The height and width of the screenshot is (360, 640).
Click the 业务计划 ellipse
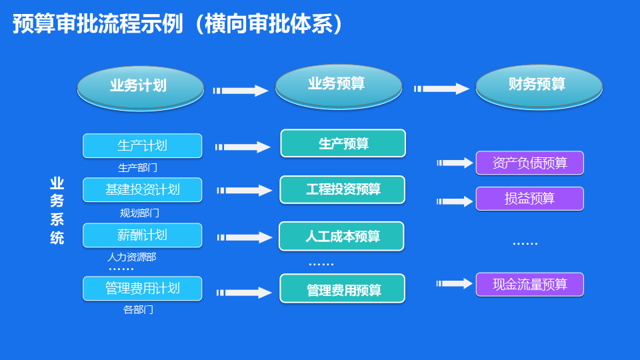[140, 87]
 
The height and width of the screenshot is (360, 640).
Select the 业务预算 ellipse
[339, 85]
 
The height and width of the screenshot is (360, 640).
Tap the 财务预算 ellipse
[539, 85]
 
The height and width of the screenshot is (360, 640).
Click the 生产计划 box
[142, 145]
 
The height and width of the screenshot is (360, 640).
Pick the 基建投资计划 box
[142, 189]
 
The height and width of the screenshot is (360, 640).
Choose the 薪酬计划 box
[142, 235]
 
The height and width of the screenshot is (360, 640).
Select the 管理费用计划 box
[142, 288]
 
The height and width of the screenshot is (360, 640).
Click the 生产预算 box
[343, 143]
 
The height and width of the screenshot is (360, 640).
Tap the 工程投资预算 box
[343, 189]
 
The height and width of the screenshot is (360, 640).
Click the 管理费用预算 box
[343, 289]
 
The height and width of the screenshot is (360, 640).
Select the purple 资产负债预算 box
[529, 163]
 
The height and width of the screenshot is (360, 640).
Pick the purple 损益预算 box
[529, 199]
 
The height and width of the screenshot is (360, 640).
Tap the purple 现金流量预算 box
[529, 285]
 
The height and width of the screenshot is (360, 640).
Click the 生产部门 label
[137, 168]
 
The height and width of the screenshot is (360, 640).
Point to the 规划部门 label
[139, 213]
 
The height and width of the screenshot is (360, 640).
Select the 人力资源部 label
[132, 257]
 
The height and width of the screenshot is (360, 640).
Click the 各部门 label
[138, 310]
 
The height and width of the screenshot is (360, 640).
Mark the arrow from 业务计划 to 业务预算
[240, 91]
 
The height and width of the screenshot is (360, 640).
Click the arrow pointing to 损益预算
[455, 201]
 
